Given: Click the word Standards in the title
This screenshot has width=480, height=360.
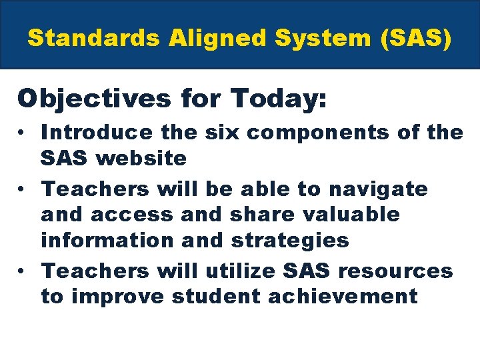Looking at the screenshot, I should [93, 38].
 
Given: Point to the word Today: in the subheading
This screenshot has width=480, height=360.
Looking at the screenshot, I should [279, 99].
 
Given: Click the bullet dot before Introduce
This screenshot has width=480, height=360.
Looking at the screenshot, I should [23, 133].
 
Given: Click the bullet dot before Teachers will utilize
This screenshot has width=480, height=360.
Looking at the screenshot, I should [23, 271].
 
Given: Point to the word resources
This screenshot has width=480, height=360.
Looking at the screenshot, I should [397, 271].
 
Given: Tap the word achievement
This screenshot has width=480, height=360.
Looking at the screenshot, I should [342, 297].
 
